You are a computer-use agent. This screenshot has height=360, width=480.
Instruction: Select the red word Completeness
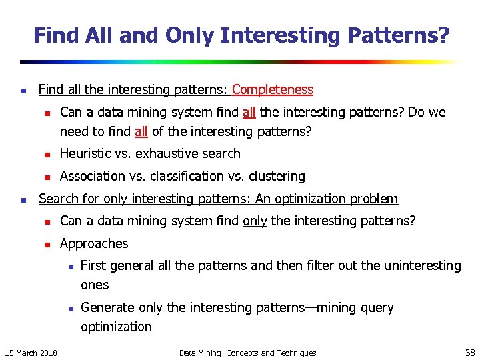273,89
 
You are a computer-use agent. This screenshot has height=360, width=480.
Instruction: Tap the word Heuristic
87,153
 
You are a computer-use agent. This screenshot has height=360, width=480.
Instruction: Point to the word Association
93,176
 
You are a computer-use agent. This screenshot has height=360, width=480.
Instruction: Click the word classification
193,176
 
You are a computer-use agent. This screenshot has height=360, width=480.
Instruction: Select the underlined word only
255,220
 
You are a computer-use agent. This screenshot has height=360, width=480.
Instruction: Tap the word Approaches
94,243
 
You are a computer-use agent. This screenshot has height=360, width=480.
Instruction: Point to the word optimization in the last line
116,327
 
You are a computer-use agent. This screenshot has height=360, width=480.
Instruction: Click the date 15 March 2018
31,353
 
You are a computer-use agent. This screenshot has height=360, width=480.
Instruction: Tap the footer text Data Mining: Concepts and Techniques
248,353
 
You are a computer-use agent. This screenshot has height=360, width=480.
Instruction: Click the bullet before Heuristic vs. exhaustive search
45,154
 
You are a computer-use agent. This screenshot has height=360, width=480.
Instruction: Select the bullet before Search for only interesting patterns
24,199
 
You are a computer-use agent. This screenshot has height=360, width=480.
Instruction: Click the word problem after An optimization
373,199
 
